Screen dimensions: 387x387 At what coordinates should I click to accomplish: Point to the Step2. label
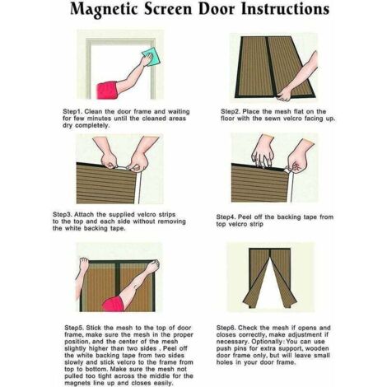point(233,111)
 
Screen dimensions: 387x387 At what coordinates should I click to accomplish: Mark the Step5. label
point(77,327)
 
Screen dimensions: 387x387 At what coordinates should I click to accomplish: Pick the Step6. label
point(233,327)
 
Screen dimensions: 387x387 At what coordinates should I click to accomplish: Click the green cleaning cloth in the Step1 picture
point(148,57)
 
